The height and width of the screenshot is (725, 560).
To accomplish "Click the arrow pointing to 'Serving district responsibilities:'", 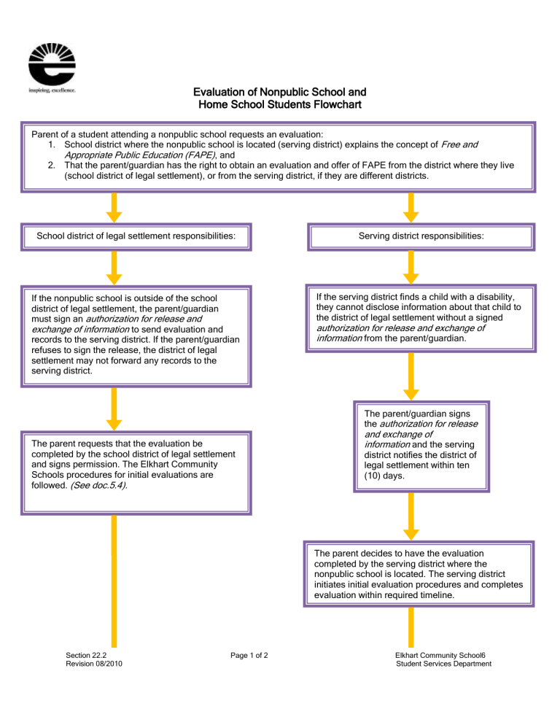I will pyautogui.click(x=411, y=206).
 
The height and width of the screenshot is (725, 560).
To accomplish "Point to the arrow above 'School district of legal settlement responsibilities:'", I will pyautogui.click(x=113, y=206).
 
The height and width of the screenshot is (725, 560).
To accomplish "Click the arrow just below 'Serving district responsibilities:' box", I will pyautogui.click(x=411, y=268).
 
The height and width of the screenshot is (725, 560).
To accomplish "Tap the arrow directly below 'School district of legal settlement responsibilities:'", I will pyautogui.click(x=113, y=268).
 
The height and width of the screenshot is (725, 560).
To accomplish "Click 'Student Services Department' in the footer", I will pyautogui.click(x=443, y=664).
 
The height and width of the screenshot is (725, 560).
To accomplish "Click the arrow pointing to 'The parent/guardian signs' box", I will pyautogui.click(x=411, y=378).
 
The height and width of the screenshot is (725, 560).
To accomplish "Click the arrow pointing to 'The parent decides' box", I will pyautogui.click(x=411, y=516).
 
